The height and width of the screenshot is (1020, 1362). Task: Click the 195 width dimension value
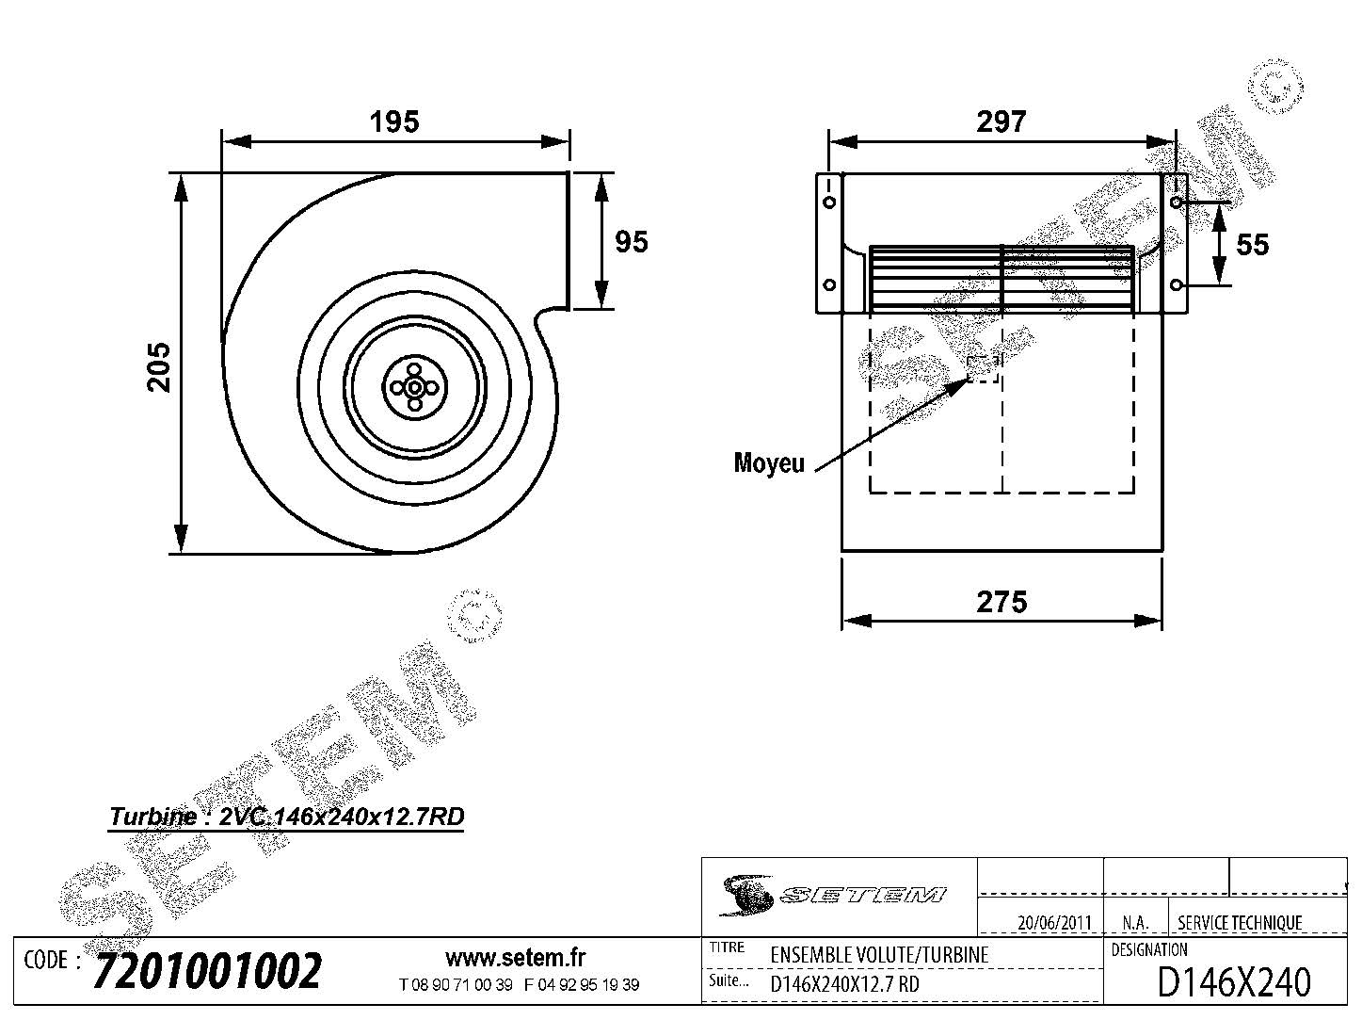[x=393, y=121]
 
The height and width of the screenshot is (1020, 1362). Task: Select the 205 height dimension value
[x=159, y=365]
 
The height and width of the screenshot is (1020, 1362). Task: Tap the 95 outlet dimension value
[x=631, y=242]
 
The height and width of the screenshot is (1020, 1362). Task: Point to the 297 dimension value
[x=1001, y=121]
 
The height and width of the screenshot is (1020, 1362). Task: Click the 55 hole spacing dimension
[x=1252, y=245]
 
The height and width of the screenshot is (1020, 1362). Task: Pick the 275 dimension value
[x=1001, y=602]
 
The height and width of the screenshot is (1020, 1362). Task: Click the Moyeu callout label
[x=769, y=463]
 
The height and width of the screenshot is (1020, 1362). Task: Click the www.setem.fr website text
[x=515, y=958]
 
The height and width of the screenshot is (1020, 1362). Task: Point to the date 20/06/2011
[x=1054, y=923]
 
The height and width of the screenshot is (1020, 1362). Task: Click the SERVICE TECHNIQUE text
[x=1240, y=923]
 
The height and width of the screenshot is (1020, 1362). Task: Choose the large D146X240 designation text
[x=1232, y=982]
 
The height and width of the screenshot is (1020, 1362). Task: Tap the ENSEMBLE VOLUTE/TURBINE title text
[x=879, y=954]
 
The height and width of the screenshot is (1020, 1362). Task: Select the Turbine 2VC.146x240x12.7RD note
[x=287, y=817]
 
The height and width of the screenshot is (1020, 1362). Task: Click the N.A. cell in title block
[x=1134, y=923]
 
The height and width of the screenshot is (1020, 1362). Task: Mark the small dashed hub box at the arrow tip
[x=984, y=367]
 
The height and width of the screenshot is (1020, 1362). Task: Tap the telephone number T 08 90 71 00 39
[x=456, y=985]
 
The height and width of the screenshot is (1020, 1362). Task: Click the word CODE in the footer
[x=45, y=961]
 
